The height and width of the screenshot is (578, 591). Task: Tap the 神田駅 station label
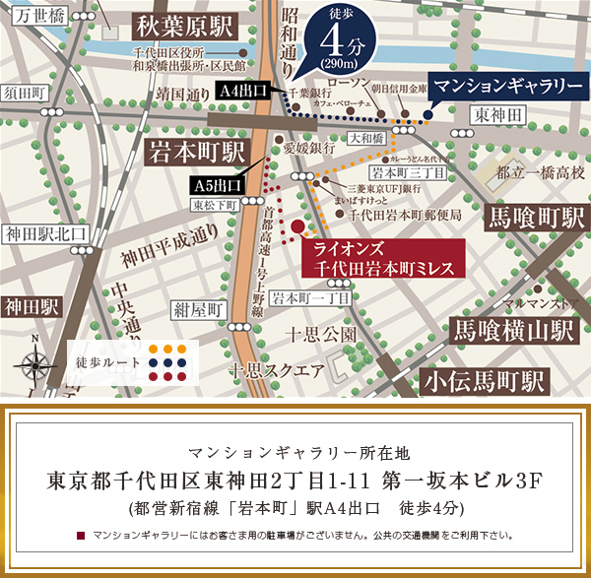click(x=31, y=306)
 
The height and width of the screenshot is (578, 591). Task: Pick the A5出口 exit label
click(x=217, y=185)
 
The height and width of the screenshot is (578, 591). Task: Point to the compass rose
click(x=35, y=362)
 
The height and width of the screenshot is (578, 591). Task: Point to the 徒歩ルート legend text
click(x=108, y=361)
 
